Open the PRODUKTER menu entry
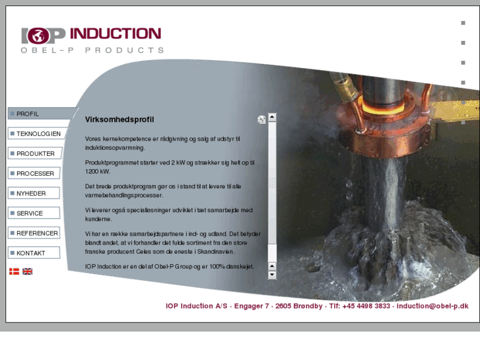coord(35,153)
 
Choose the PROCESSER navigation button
coord(35,173)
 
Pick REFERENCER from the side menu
coord(37,233)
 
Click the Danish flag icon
coord(14,271)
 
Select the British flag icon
coord(27,271)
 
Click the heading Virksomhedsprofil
coord(120,120)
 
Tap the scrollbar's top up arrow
coord(272,117)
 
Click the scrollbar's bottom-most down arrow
coord(272,274)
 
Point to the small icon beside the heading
coord(261,120)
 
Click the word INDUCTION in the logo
coord(115,33)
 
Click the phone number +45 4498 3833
coord(366,306)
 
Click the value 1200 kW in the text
coord(97,170)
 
